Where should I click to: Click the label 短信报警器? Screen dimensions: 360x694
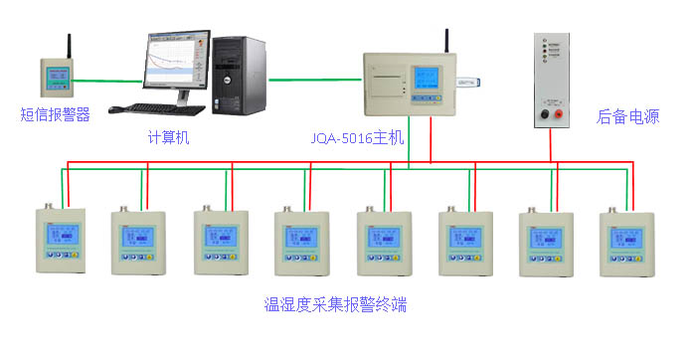[x=56, y=114]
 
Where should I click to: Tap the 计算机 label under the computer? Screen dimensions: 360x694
[x=168, y=137]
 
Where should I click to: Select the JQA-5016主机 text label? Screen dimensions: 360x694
[x=357, y=138]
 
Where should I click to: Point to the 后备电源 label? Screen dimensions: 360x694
[x=628, y=115]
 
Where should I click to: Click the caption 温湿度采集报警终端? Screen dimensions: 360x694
[x=335, y=304]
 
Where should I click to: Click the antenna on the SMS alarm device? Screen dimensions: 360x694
[x=69, y=47]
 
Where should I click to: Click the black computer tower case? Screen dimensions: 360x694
[x=240, y=76]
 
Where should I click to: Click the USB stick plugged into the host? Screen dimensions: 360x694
[x=468, y=84]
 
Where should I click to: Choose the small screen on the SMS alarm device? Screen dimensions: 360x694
[x=56, y=76]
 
